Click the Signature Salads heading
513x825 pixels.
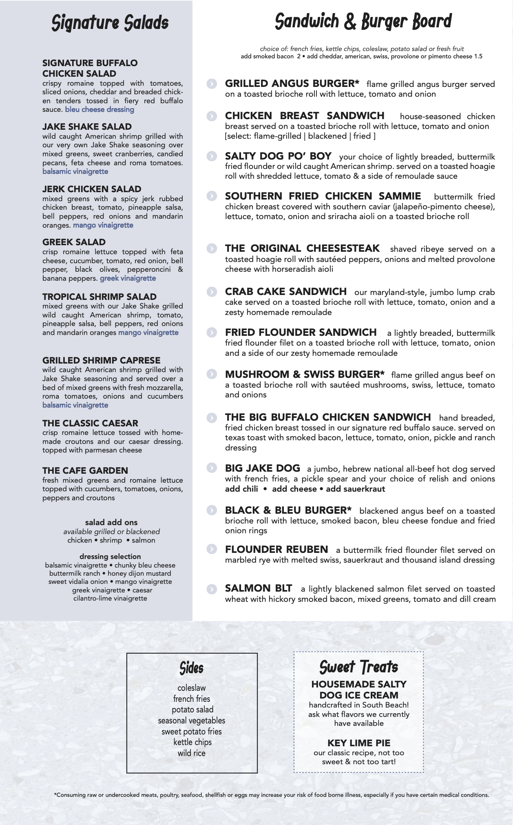pyautogui.click(x=110, y=23)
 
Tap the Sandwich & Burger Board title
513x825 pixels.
pyautogui.click(x=363, y=22)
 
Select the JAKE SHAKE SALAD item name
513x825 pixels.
pyautogui.click(x=87, y=126)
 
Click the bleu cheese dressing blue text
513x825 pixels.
pyautogui.click(x=100, y=109)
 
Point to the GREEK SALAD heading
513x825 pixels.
pyautogui.click(x=74, y=242)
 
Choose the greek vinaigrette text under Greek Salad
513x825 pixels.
pyautogui.click(x=128, y=278)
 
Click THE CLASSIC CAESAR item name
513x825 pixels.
pyautogui.click(x=90, y=423)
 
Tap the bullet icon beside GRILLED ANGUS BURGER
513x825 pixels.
pyautogui.click(x=212, y=84)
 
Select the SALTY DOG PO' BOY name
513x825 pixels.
pyautogui.click(x=278, y=156)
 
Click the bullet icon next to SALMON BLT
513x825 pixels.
pyautogui.click(x=212, y=589)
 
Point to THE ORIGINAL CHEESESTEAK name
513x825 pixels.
pyautogui.click(x=302, y=248)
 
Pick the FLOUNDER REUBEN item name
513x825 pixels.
pyautogui.click(x=276, y=550)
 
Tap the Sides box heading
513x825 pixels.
pyautogui.click(x=192, y=668)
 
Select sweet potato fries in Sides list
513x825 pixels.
pyautogui.click(x=192, y=731)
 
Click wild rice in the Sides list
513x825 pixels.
pyautogui.click(x=192, y=753)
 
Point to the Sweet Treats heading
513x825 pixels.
pyautogui.click(x=359, y=667)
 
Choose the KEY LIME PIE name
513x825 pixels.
pyautogui.click(x=359, y=743)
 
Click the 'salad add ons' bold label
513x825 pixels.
pyautogui.click(x=111, y=522)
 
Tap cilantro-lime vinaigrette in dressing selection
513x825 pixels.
pyautogui.click(x=110, y=598)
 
